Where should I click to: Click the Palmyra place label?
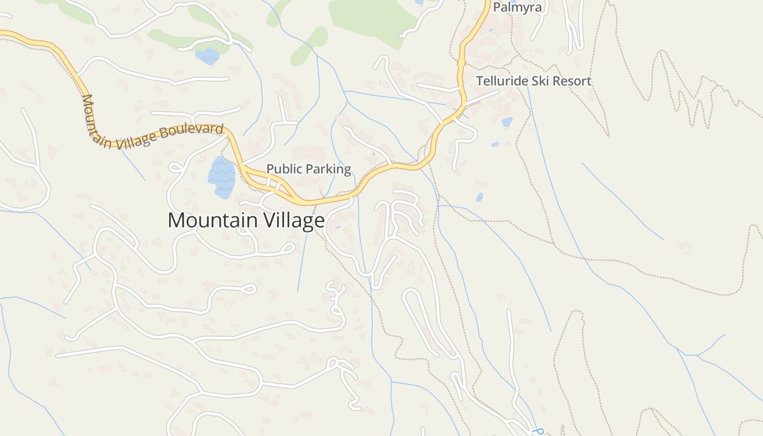click(517, 8)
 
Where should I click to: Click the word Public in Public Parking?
click(284, 169)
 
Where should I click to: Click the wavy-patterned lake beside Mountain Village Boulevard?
click(222, 178)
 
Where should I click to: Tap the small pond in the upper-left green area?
click(207, 56)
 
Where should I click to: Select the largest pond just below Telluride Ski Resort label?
click(507, 122)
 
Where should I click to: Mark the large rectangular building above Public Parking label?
click(308, 153)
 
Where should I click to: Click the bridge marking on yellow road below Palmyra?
click(462, 62)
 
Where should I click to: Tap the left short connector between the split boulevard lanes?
click(269, 182)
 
